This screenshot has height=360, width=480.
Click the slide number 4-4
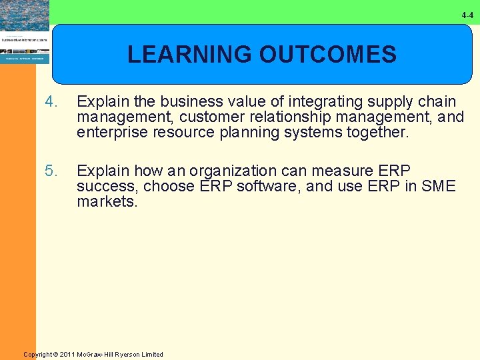coord(468,15)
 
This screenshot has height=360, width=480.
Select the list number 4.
coord(50,102)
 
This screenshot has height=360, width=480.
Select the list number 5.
coord(50,171)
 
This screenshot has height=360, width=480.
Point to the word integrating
coord(315,102)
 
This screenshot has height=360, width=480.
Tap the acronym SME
coord(438,187)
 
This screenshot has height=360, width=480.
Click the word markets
coord(107,202)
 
